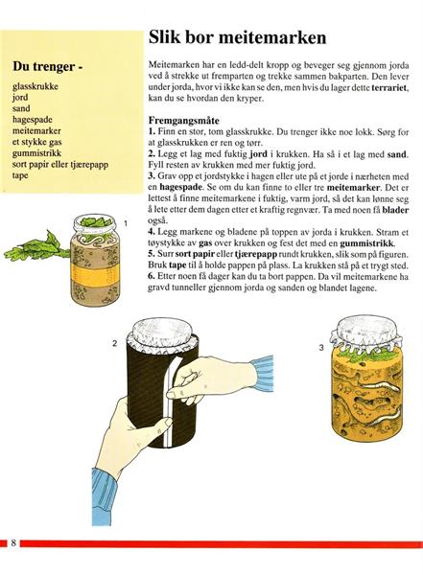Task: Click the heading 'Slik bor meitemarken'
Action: point(237,37)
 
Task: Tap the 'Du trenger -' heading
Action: point(47,66)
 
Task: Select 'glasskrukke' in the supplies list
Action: point(35,86)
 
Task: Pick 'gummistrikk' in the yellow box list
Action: point(36,153)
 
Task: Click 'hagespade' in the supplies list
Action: point(33,120)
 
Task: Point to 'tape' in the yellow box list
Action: point(20,175)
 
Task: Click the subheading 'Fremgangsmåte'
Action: point(183,121)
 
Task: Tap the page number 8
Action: point(13,542)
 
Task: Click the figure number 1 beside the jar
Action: point(126,223)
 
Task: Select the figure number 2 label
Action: point(115,344)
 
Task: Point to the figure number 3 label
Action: point(321,347)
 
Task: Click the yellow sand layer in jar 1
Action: point(95,273)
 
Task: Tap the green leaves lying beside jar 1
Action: point(36,246)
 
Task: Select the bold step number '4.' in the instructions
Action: point(152,232)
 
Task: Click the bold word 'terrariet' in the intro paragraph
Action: point(390,87)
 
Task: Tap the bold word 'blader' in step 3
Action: point(395,210)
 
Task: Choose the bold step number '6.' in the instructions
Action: point(152,277)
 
